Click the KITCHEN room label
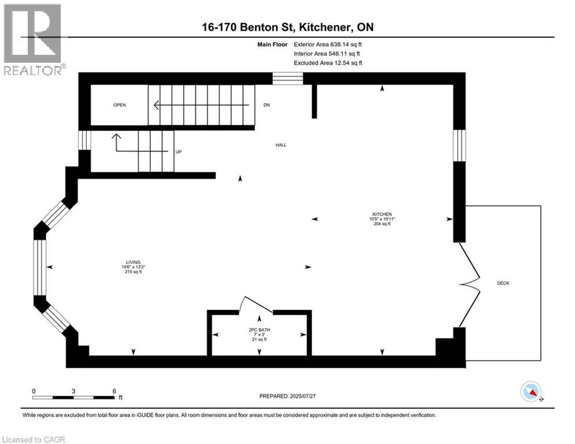tap(382, 214)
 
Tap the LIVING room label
tap(132, 262)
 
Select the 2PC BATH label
tap(259, 330)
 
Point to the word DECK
tap(503, 283)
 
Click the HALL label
tap(281, 145)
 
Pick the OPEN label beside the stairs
tap(120, 105)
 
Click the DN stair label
tap(266, 105)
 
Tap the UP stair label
tap(179, 151)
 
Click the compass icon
tap(531, 392)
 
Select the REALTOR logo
tap(33, 39)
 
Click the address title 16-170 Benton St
tap(287, 27)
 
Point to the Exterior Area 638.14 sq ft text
tap(328, 44)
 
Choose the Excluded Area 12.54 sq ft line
tap(328, 62)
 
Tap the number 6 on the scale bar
tap(114, 391)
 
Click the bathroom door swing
tap(255, 304)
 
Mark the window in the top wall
tap(288, 79)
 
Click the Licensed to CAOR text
tap(34, 439)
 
